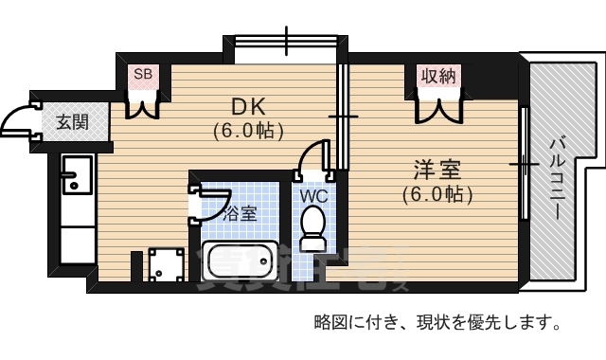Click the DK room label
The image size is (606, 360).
(x=247, y=106)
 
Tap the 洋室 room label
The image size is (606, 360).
(x=436, y=171)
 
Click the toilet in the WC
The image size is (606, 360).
(x=312, y=225)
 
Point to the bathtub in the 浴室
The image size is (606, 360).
(x=239, y=260)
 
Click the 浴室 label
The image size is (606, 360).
(x=239, y=213)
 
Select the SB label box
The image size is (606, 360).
(x=143, y=74)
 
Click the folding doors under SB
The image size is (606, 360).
(x=143, y=102)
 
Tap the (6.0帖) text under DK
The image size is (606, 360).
(x=248, y=130)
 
